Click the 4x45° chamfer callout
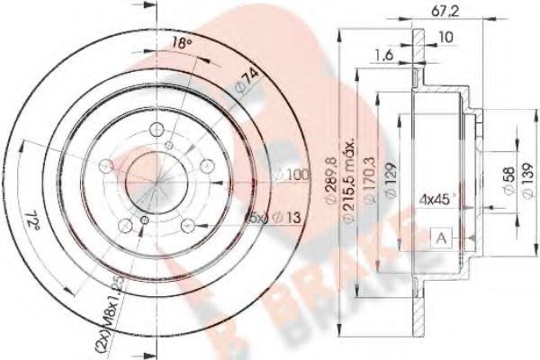tap(440, 196)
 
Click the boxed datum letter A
tap(443, 238)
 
